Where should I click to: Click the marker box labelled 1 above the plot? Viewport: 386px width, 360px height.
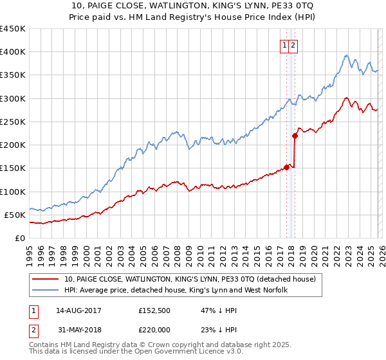point(284,45)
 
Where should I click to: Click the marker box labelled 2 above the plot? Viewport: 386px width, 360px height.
point(293,45)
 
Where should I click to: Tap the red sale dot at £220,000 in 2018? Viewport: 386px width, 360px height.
point(295,136)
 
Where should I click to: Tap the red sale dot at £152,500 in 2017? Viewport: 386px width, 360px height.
point(286,167)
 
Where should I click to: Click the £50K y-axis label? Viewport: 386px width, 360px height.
point(17,215)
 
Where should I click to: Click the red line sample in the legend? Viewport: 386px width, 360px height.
point(46,280)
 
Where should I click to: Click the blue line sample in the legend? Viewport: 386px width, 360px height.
point(46,291)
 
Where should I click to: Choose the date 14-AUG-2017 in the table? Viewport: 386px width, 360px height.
point(78,310)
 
